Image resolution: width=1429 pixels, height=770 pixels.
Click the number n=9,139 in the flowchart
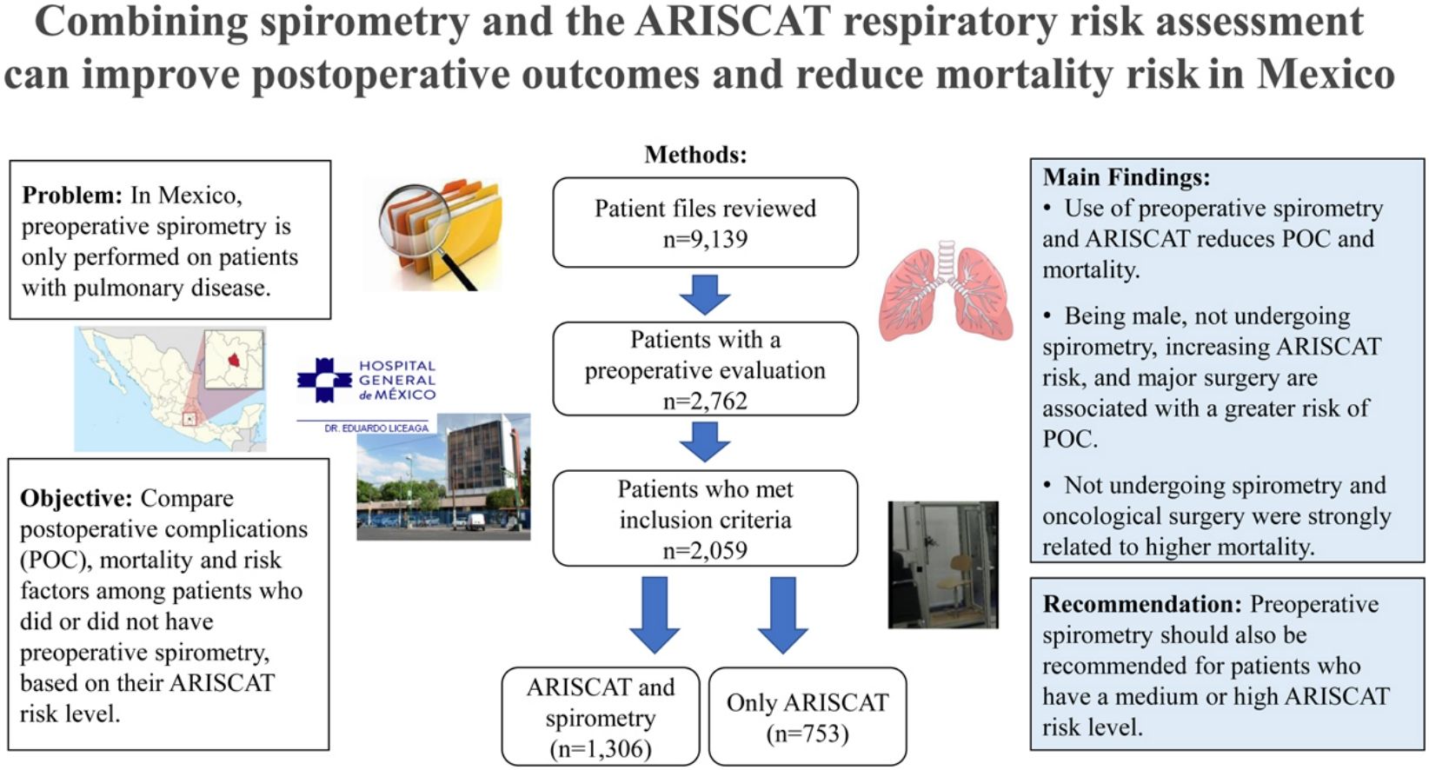(x=705, y=239)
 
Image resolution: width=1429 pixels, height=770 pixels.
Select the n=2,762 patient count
(x=705, y=401)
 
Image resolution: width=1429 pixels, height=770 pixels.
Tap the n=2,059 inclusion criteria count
(x=705, y=550)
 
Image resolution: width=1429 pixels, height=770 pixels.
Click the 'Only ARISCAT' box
(x=808, y=716)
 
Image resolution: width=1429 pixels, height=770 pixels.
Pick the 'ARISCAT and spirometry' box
(x=601, y=716)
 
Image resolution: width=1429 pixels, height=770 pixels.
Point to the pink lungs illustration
(x=946, y=291)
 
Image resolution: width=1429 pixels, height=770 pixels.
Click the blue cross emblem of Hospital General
(x=323, y=381)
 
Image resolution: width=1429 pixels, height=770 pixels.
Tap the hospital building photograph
(x=443, y=478)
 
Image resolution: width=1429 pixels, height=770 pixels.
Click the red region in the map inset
(x=233, y=359)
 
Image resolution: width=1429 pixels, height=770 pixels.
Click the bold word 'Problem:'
(x=72, y=195)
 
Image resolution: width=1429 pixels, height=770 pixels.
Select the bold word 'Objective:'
(x=76, y=498)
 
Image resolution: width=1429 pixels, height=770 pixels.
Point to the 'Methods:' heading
(x=695, y=155)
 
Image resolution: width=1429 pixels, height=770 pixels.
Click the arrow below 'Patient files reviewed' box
(x=705, y=295)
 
